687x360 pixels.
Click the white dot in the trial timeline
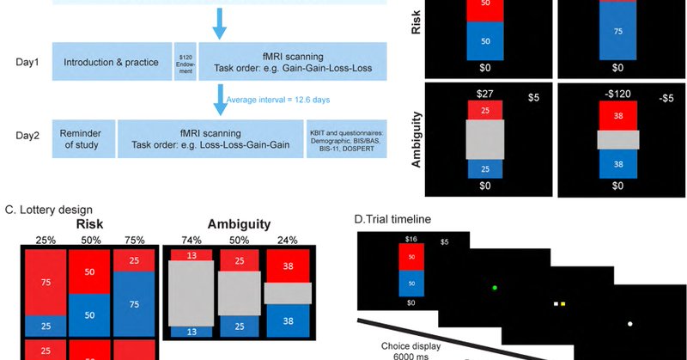click(629, 323)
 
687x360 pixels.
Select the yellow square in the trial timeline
click(563, 303)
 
